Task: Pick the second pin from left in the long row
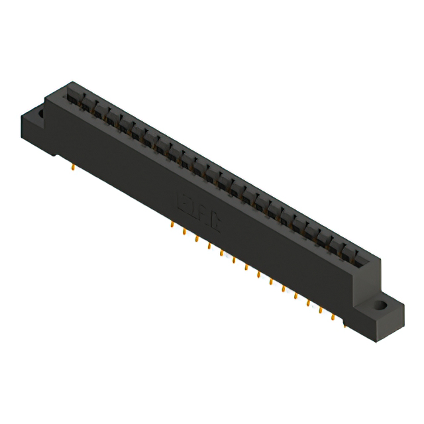point(184,232)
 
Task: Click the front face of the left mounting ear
point(37,136)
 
